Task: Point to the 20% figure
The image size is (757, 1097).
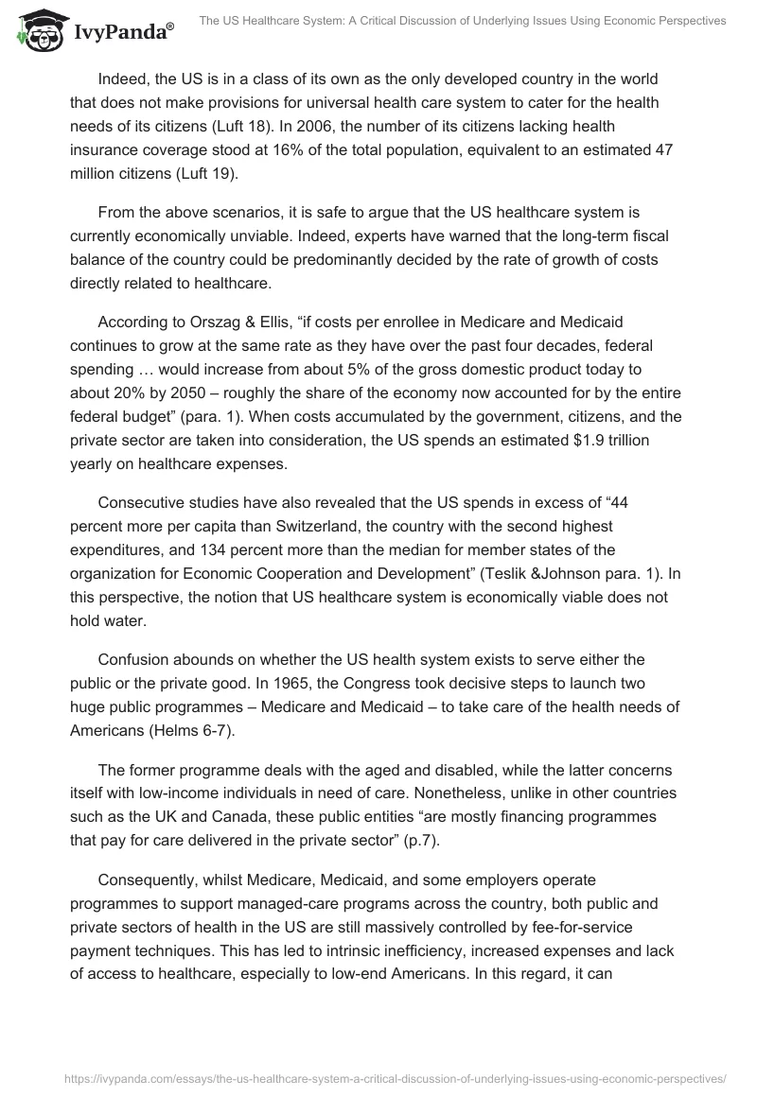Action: pos(126,389)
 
